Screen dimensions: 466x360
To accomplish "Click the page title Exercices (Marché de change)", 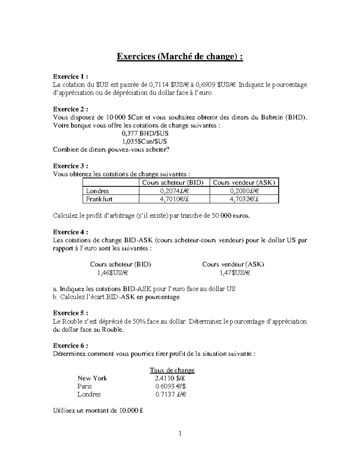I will tap(179, 56).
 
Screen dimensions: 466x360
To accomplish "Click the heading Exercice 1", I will tap(70, 77).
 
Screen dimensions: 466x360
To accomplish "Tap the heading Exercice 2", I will tap(70, 109).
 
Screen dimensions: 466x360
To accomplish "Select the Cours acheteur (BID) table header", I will tap(173, 182).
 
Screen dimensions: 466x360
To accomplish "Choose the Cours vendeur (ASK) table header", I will tap(244, 182).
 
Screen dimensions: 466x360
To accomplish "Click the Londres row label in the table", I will tap(97, 191).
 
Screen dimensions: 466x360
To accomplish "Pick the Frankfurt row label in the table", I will tap(99, 199).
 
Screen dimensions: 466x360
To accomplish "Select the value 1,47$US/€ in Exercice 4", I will tap(235, 273).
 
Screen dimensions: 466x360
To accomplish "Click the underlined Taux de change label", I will tap(172, 370).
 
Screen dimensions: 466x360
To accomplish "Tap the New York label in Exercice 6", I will tap(92, 378).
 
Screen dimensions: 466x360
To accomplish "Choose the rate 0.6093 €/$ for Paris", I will tap(171, 386).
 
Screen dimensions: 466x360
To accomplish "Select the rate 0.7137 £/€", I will tap(171, 394).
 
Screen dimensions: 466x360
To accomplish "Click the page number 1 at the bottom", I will tap(180, 442).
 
